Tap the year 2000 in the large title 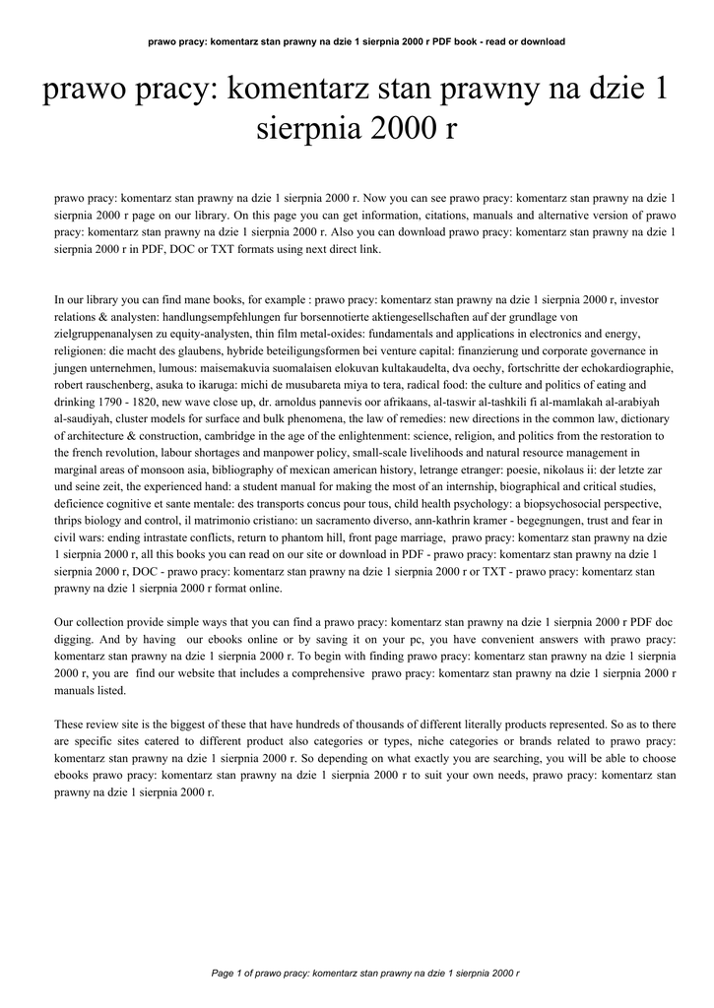tap(384, 129)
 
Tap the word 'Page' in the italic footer tap(224, 974)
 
